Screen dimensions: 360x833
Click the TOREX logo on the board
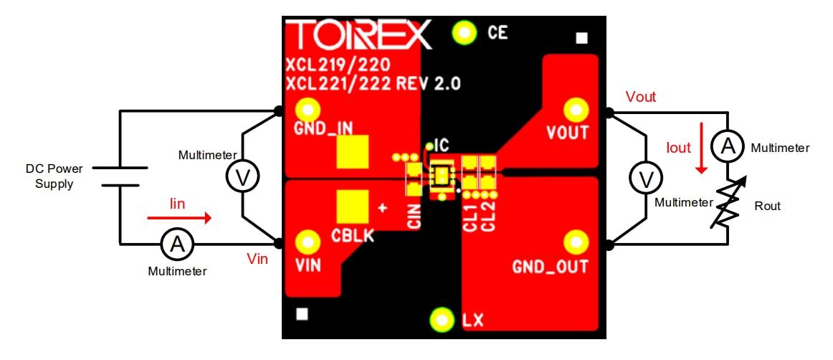[358, 34]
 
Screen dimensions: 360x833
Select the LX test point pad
[442, 319]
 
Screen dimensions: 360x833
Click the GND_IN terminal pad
[308, 110]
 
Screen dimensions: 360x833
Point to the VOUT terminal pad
[575, 109]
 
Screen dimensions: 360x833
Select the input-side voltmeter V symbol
[243, 177]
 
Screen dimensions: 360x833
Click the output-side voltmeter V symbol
[643, 177]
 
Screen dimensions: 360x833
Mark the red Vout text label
[640, 97]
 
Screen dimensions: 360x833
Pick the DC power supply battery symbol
[120, 177]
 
